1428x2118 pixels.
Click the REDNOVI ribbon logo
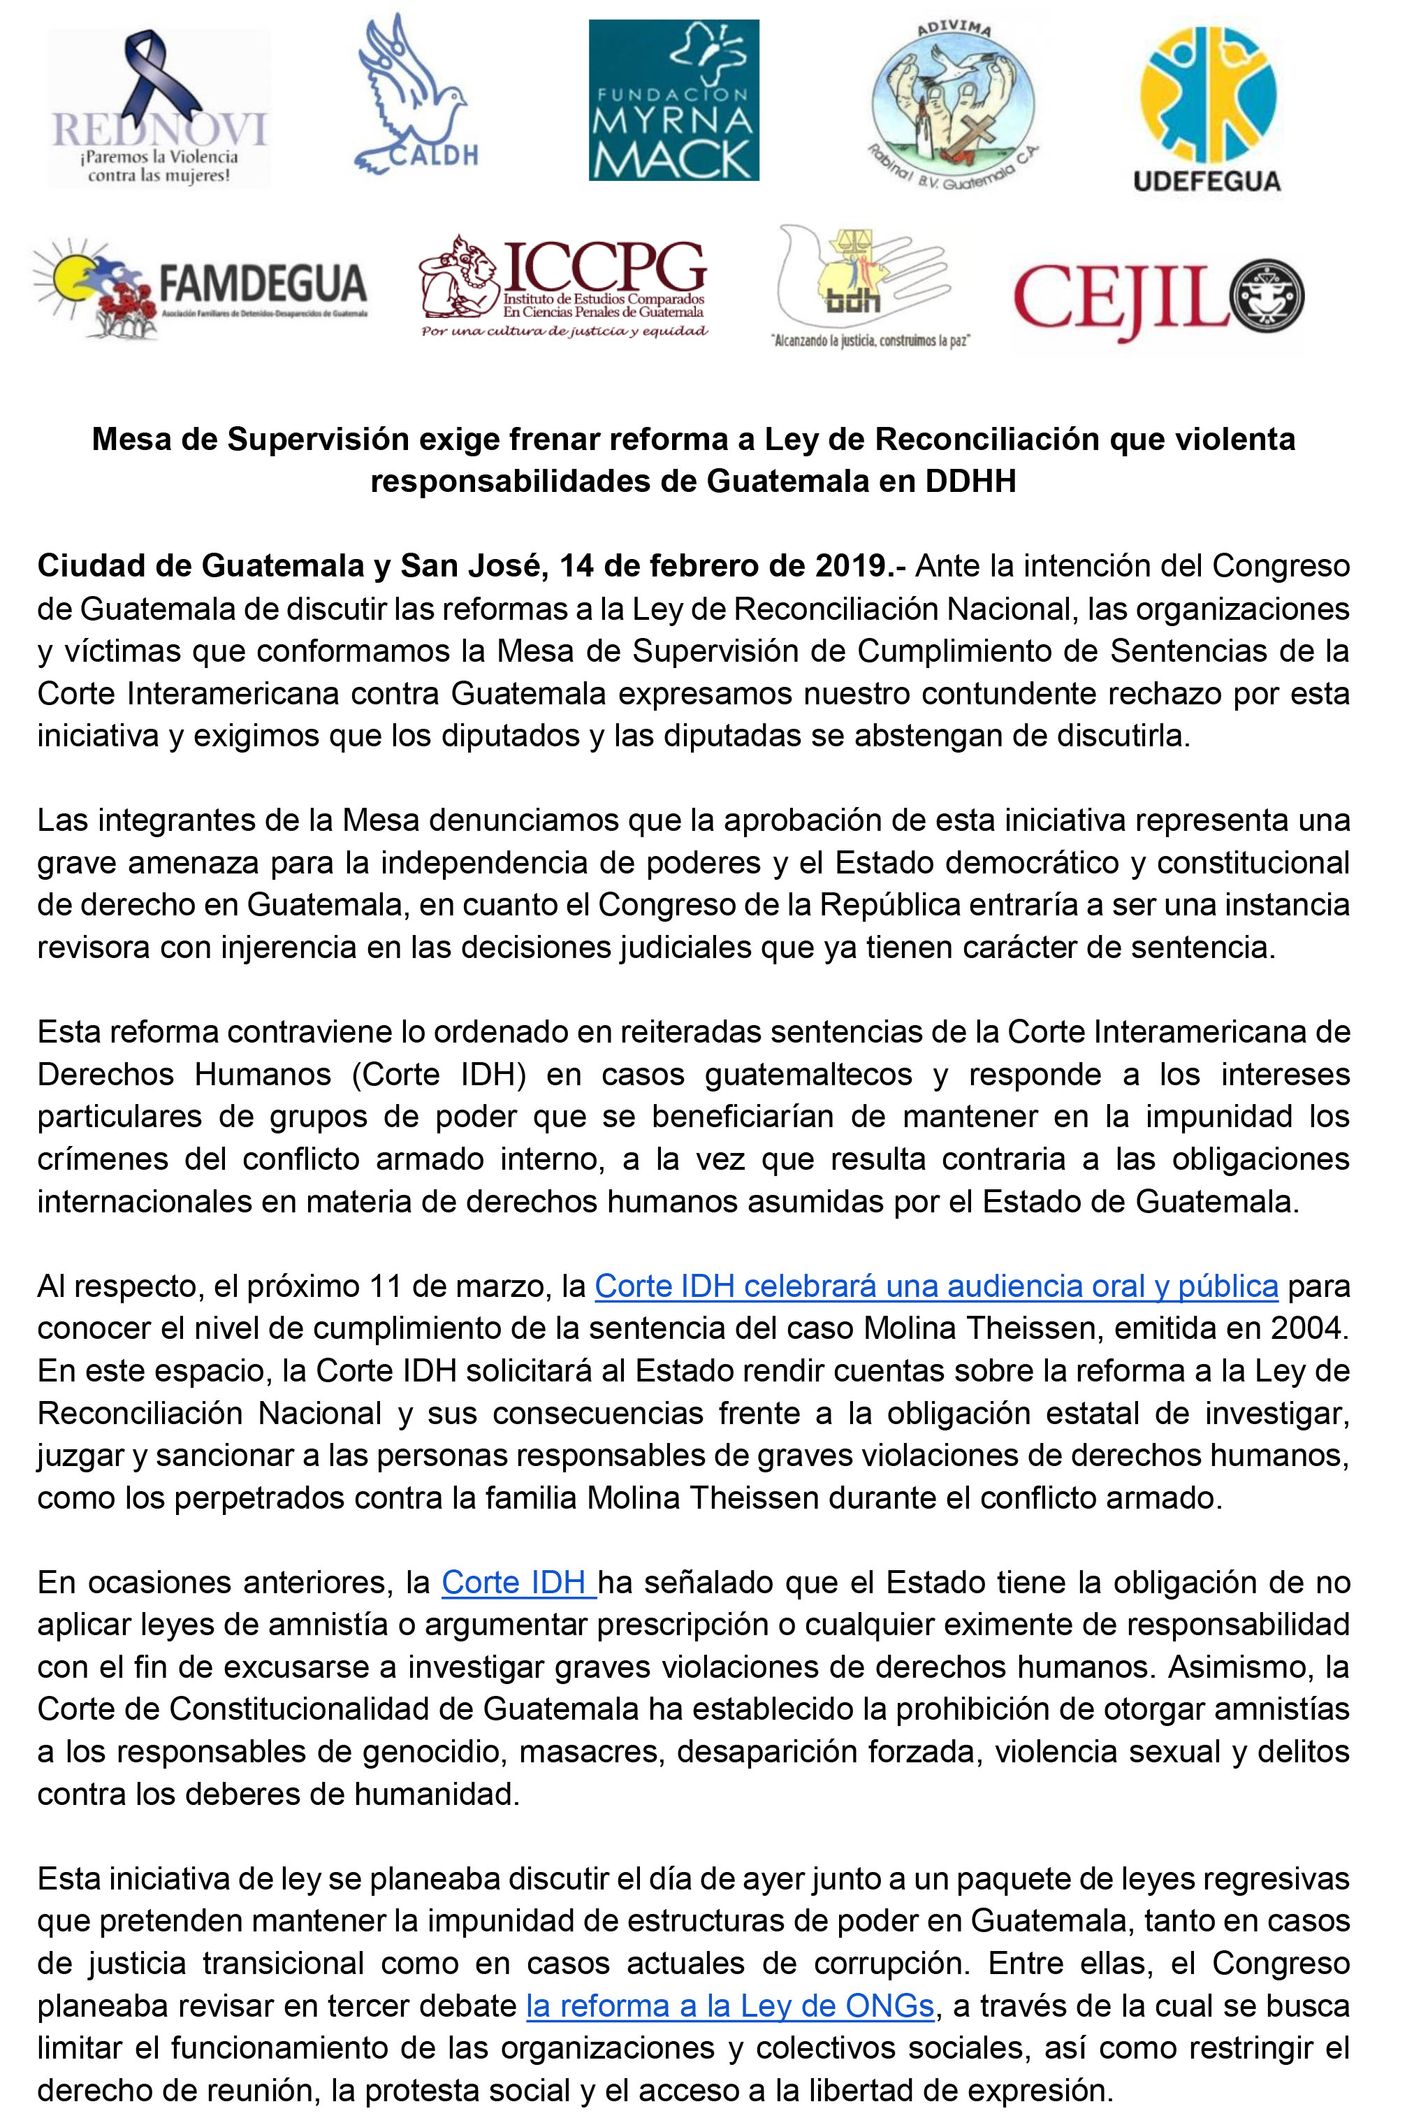click(x=159, y=108)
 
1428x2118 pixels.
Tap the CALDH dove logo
click(x=414, y=96)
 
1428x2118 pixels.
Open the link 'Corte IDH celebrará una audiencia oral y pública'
click(x=936, y=1286)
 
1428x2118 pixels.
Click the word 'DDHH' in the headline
click(x=970, y=481)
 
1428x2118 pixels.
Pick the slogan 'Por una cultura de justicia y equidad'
click(x=564, y=331)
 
